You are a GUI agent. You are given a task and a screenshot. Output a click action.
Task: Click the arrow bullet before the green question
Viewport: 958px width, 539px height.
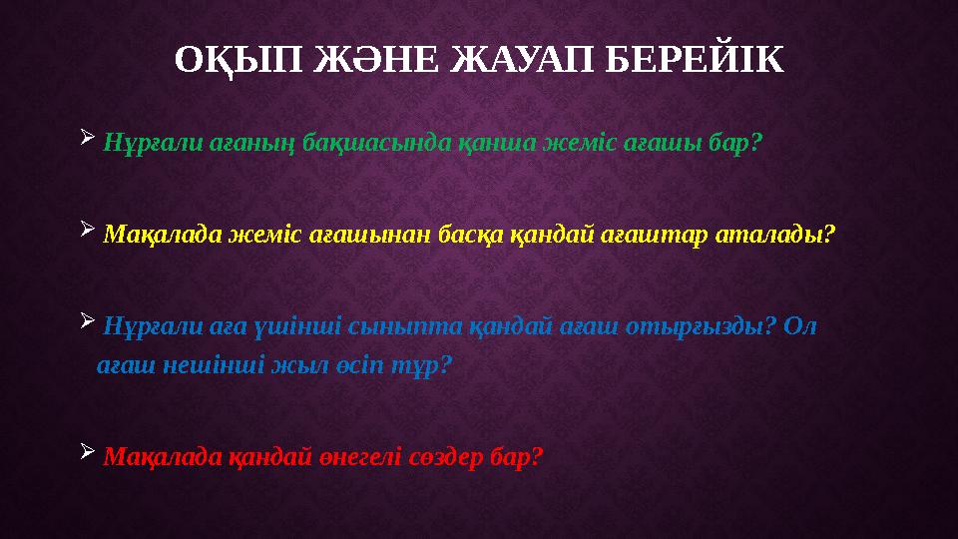pyautogui.click(x=86, y=136)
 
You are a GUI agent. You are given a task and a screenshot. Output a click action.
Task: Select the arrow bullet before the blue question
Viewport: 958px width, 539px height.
pyautogui.click(x=86, y=324)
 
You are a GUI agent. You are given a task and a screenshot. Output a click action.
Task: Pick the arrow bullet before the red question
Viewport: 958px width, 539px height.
pyautogui.click(x=86, y=454)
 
